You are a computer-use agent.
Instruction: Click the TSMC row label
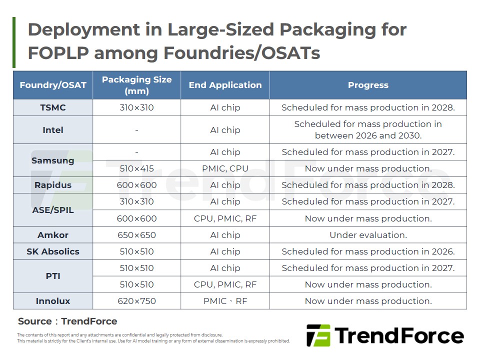53,107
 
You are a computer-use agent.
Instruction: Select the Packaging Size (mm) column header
136,85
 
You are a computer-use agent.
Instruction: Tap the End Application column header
225,85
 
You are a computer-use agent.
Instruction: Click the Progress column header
368,85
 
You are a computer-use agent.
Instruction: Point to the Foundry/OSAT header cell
53,85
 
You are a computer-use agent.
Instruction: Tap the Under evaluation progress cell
368,235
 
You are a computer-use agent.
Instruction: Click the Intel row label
53,130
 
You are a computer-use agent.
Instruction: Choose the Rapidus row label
53,185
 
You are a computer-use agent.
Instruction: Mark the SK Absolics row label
53,251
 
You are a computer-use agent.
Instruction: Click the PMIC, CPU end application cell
225,168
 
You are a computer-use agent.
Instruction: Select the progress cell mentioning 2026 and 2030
368,130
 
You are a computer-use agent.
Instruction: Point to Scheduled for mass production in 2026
368,251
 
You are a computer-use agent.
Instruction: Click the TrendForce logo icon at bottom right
318,335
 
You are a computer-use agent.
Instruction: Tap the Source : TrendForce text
67,321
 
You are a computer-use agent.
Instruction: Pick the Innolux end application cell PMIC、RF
225,301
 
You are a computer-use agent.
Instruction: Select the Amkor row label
53,235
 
